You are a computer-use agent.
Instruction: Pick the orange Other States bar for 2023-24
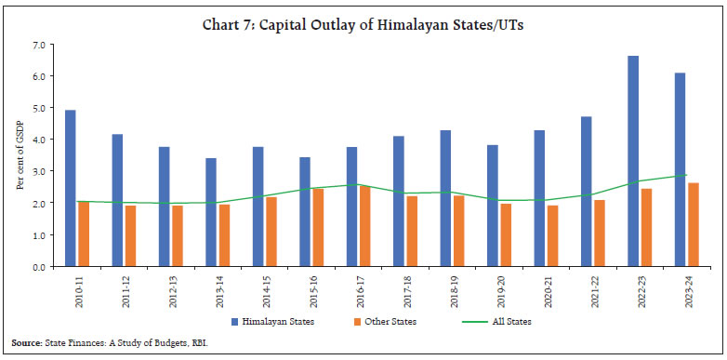[x=693, y=224]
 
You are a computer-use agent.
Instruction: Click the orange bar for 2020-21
[x=552, y=235]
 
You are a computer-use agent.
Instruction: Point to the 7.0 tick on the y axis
[x=38, y=45]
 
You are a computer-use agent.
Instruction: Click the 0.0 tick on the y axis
[x=38, y=266]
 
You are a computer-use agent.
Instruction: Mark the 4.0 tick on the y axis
[x=38, y=140]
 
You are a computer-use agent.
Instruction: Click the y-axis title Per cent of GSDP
[x=20, y=155]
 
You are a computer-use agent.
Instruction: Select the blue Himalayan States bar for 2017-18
[x=399, y=201]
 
